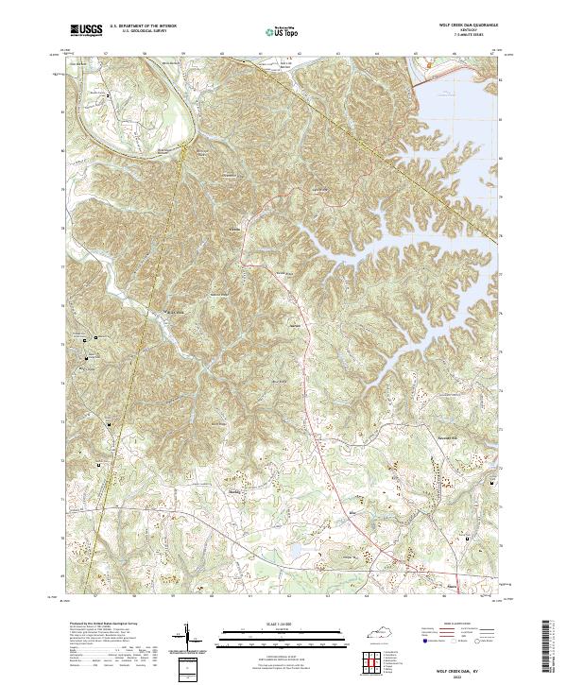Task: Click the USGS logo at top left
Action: click(86, 30)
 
